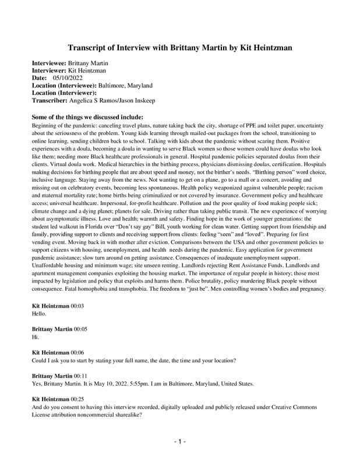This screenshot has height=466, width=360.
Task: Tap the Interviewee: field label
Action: click(x=49, y=62)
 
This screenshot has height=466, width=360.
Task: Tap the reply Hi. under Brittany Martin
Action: click(x=34, y=337)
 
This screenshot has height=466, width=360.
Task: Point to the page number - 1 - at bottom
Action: click(x=179, y=442)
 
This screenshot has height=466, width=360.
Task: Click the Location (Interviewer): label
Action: click(x=63, y=93)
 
